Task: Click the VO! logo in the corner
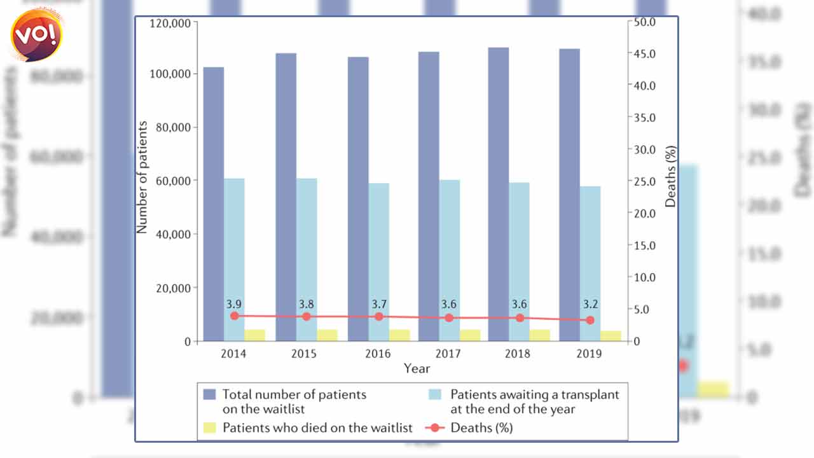point(38,36)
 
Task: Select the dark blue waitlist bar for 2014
point(214,204)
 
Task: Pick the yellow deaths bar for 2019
point(610,336)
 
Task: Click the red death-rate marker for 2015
point(307,317)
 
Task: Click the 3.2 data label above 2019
point(590,304)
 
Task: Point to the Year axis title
point(417,368)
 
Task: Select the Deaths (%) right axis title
point(671,177)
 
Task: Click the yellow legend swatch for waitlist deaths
point(210,427)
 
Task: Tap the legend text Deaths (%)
point(481,427)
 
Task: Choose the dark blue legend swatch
point(210,394)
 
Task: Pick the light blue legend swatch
point(438,394)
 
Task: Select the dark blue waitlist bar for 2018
point(499,194)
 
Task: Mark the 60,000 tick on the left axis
point(174,181)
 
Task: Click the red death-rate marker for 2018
point(520,317)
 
